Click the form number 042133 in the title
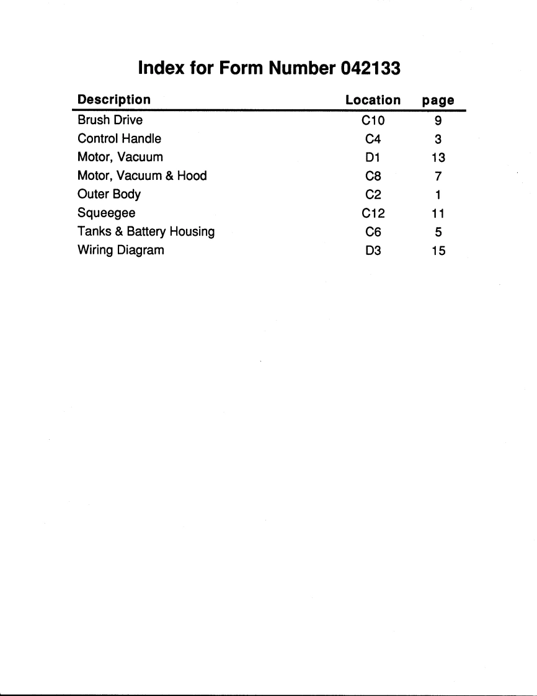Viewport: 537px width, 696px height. pyautogui.click(x=371, y=68)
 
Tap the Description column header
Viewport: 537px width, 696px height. pyautogui.click(x=113, y=99)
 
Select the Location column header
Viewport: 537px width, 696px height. pyautogui.click(x=373, y=99)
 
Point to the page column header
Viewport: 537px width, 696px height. pyautogui.click(x=438, y=100)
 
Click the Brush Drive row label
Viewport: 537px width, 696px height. pyautogui.click(x=110, y=120)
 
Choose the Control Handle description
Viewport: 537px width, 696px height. pyautogui.click(x=119, y=138)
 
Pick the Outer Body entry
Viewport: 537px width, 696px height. pyautogui.click(x=109, y=194)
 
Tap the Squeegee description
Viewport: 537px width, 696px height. pyautogui.click(x=107, y=213)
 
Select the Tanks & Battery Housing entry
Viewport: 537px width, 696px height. pyautogui.click(x=146, y=231)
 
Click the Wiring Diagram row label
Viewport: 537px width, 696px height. pyautogui.click(x=120, y=251)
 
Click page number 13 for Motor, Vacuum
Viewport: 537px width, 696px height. pyautogui.click(x=438, y=157)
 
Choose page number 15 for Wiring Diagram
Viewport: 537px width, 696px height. pyautogui.click(x=438, y=251)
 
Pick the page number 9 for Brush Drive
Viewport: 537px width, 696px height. pyautogui.click(x=438, y=120)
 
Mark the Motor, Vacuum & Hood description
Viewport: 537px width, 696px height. pyautogui.click(x=142, y=176)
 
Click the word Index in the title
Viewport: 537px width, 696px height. pyautogui.click(x=161, y=68)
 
